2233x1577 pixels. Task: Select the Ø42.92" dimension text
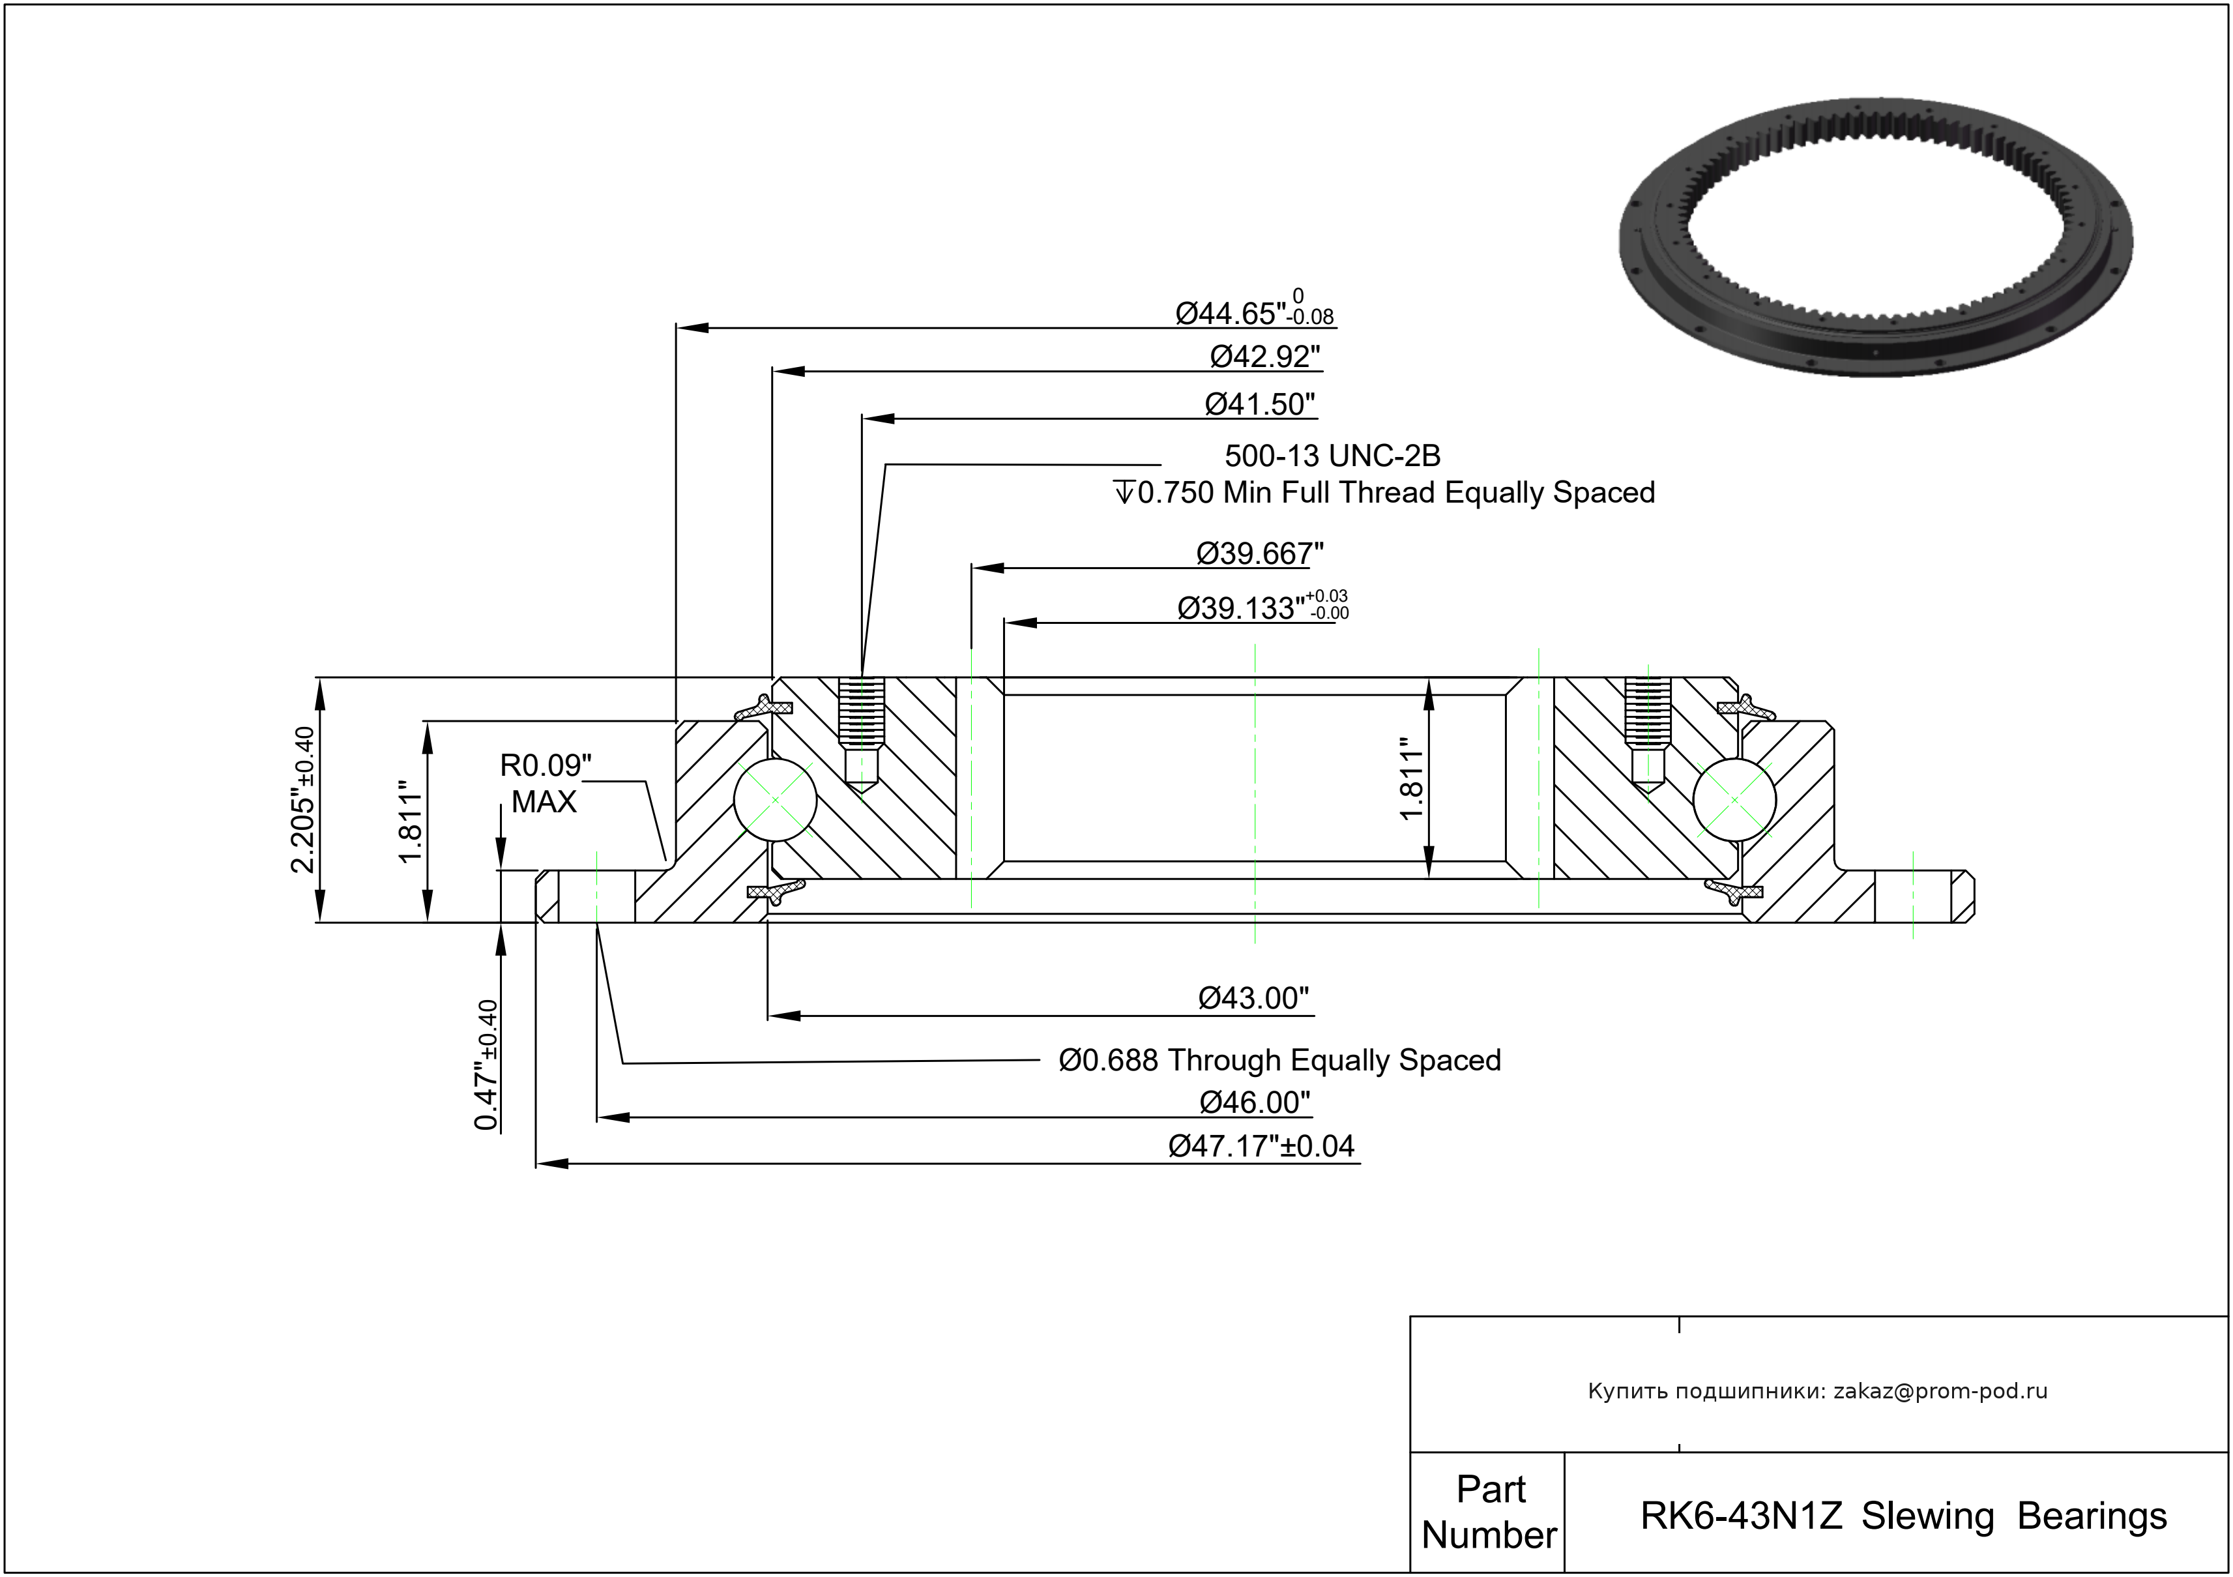click(1265, 357)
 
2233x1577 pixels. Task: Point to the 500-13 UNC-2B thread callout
click(1332, 455)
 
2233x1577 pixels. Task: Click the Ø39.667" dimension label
click(1259, 553)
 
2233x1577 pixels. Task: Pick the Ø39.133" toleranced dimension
click(1261, 607)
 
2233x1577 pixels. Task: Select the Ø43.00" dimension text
click(1253, 998)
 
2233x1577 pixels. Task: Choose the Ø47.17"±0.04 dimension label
click(1261, 1146)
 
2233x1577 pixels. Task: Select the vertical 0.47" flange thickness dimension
click(486, 1065)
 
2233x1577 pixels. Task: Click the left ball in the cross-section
click(775, 800)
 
